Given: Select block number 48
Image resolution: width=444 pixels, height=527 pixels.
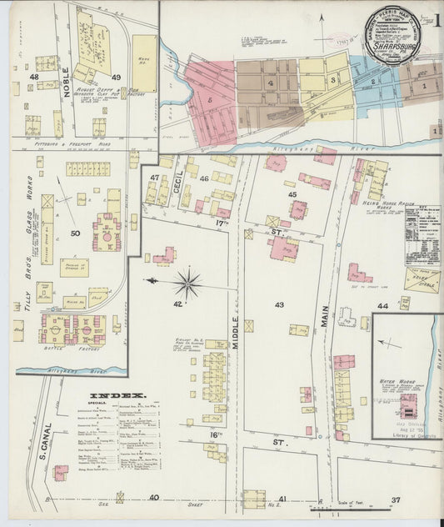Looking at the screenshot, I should (x=34, y=77).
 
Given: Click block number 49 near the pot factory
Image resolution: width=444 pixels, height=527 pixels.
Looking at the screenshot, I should (x=116, y=78).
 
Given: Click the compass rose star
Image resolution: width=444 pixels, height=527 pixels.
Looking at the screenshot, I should (x=188, y=282).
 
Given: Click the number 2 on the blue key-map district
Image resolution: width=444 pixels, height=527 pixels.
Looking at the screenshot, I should (x=374, y=81).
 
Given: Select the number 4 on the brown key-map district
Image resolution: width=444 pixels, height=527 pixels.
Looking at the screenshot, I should (x=271, y=83).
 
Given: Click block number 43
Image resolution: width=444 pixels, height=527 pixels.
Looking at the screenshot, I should (x=280, y=304).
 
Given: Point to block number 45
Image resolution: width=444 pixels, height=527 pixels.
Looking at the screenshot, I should (x=292, y=194).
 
